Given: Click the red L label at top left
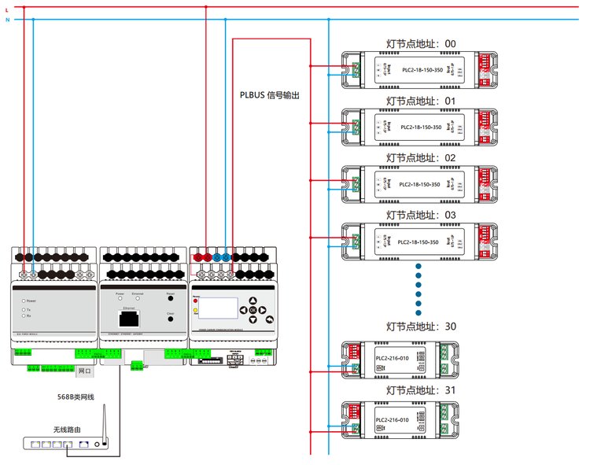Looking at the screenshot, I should pyautogui.click(x=7, y=8).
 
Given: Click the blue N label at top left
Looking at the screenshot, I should pyautogui.click(x=7, y=19).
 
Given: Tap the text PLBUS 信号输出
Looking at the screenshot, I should pyautogui.click(x=270, y=95).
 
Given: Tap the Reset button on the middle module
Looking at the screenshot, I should pyautogui.click(x=170, y=299).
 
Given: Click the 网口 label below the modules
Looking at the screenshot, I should pyautogui.click(x=84, y=370).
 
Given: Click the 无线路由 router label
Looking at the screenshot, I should pyautogui.click(x=65, y=429).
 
